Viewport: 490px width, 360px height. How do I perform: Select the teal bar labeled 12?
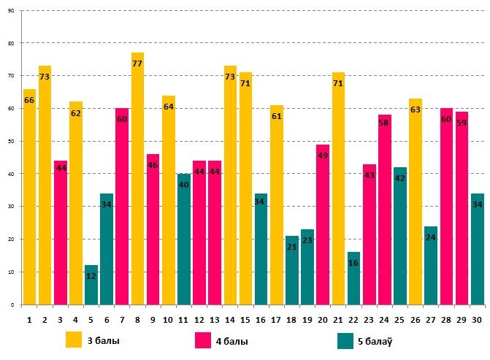[91, 285]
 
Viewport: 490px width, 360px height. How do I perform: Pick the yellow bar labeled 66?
[29, 197]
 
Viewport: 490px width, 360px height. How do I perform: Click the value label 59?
[462, 123]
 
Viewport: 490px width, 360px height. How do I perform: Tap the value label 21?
[292, 247]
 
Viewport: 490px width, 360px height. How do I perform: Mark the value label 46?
[153, 166]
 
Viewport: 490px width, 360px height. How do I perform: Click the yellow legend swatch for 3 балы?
[74, 340]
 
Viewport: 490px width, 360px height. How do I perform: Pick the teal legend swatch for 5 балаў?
[347, 340]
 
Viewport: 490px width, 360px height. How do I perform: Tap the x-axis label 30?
[477, 318]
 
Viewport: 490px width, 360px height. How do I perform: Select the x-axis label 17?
[276, 318]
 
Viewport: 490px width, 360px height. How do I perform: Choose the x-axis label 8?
[137, 318]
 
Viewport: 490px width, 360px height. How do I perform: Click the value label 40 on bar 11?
[183, 185]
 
